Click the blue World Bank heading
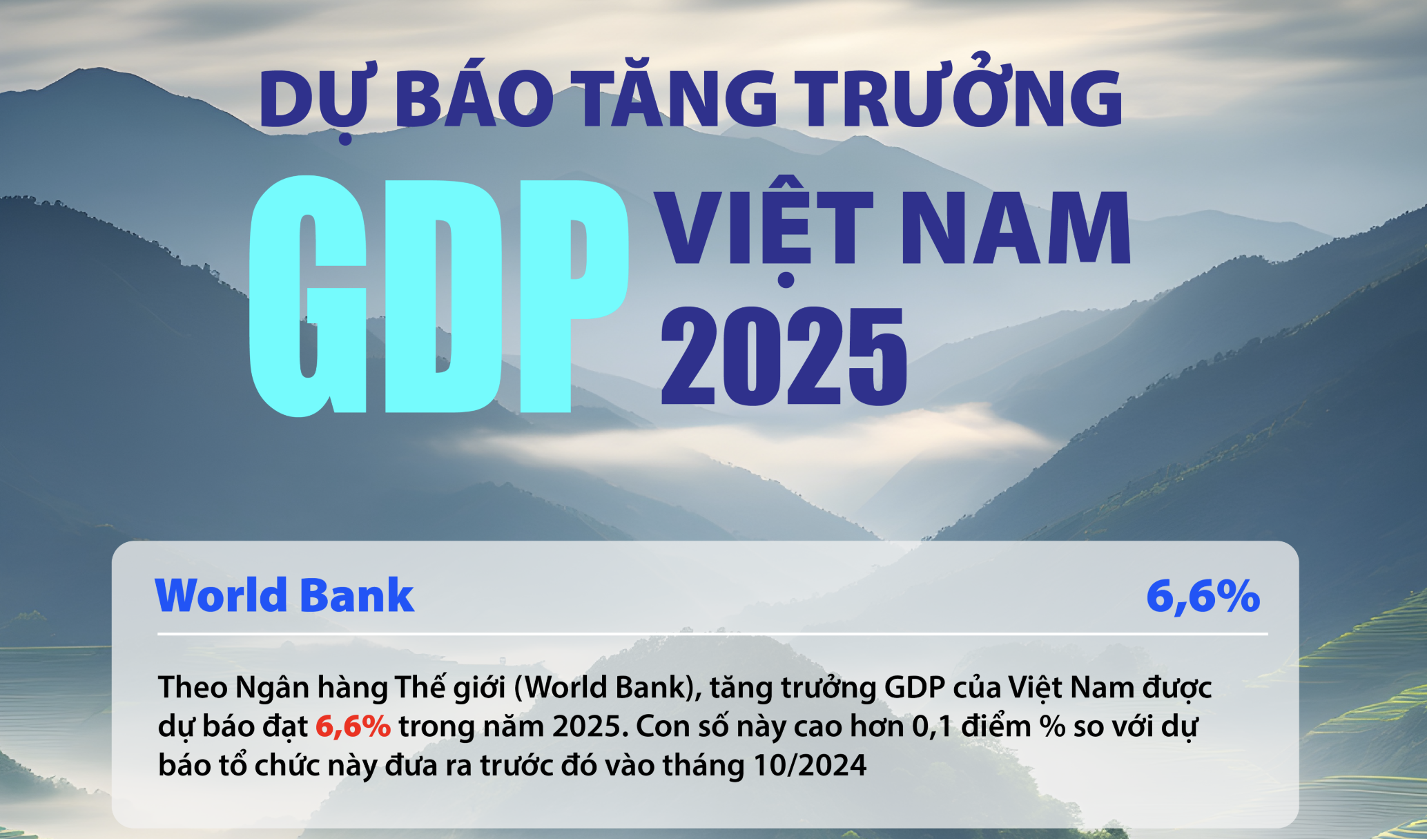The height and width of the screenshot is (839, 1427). [284, 595]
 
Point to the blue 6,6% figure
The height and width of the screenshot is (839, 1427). [1203, 596]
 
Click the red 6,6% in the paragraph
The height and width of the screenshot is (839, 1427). [353, 726]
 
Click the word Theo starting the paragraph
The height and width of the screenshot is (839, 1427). [193, 688]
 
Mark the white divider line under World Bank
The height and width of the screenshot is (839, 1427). [712, 634]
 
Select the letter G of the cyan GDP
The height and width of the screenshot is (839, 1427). [307, 296]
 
